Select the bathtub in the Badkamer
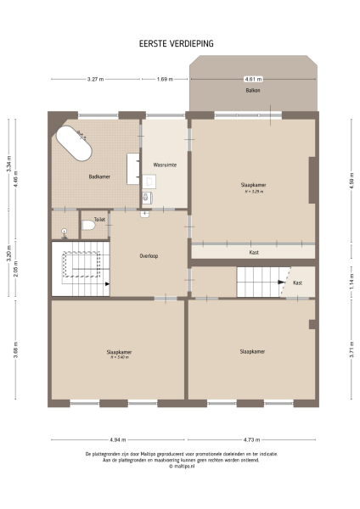[74, 145]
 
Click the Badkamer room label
[99, 176]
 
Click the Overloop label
[149, 255]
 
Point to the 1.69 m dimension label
[165, 79]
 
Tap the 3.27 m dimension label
[95, 79]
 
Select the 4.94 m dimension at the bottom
[118, 440]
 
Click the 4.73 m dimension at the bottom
[251, 440]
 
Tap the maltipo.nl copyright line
[181, 466]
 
